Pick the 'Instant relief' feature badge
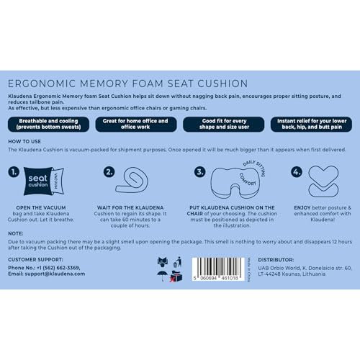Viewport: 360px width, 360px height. click(x=310, y=124)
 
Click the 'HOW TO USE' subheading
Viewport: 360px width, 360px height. click(x=25, y=142)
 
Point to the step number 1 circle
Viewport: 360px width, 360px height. click(x=15, y=172)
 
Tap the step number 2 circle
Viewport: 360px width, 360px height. click(x=109, y=172)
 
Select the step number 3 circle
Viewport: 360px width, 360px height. click(x=201, y=172)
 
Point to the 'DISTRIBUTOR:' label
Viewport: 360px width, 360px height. click(x=275, y=259)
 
